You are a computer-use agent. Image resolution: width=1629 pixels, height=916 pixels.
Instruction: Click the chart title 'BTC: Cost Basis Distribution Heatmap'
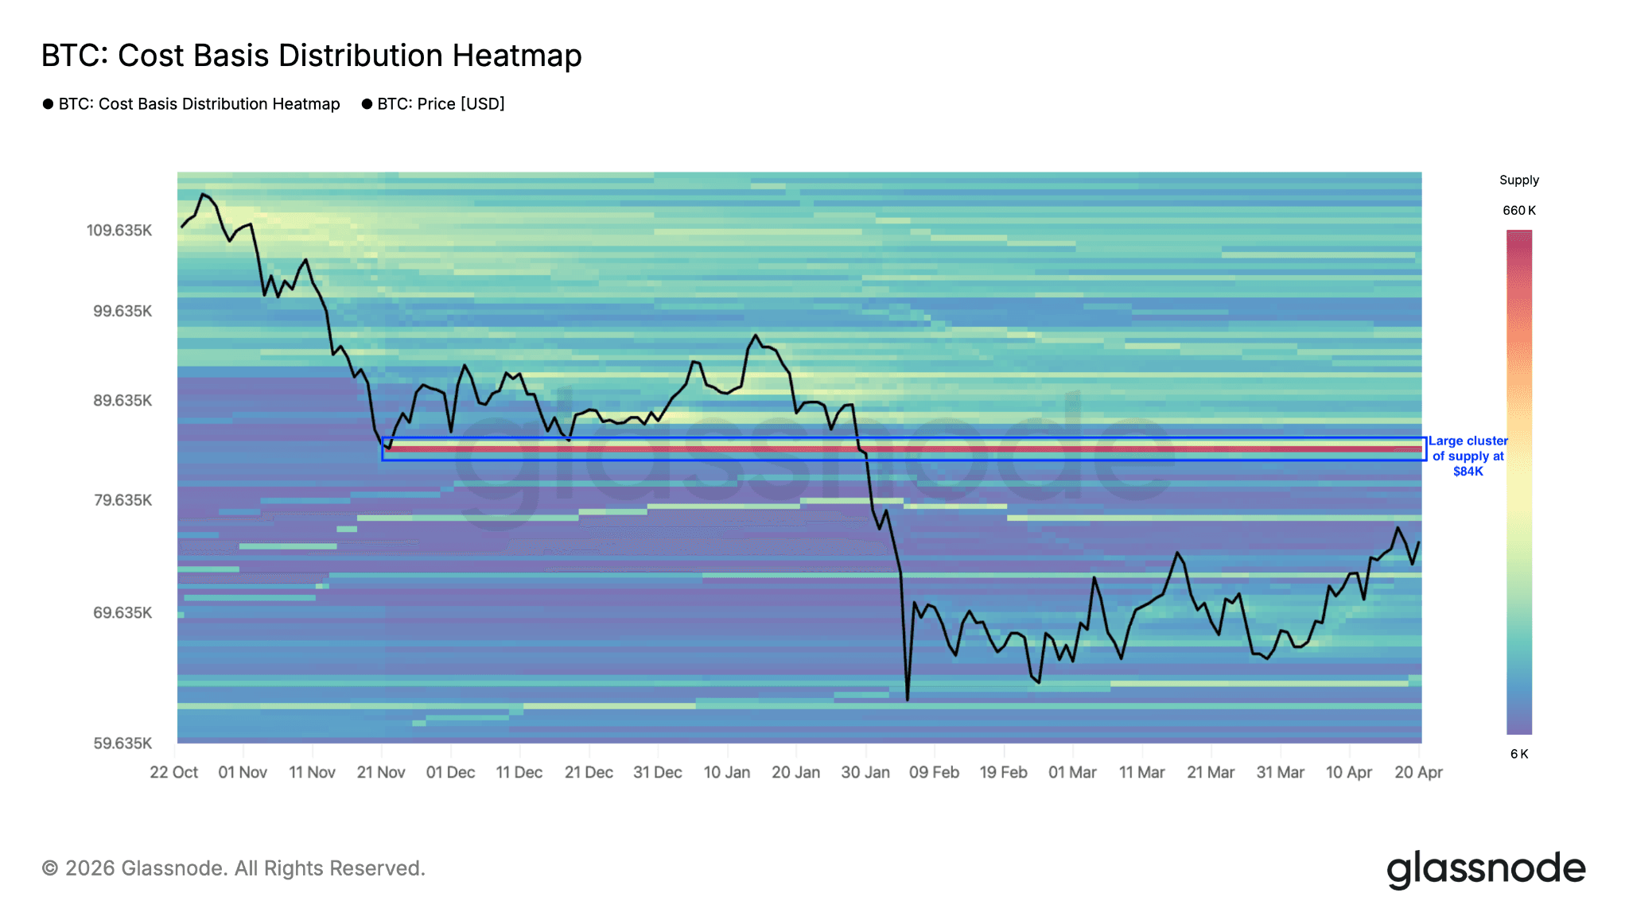click(311, 56)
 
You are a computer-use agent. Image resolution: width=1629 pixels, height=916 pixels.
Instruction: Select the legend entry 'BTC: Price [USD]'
click(441, 104)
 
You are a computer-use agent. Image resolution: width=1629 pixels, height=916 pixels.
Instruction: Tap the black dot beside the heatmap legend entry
click(48, 104)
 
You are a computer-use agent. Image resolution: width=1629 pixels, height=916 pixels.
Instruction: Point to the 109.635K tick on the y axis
click(119, 231)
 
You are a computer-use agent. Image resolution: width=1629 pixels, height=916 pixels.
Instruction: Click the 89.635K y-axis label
click(122, 400)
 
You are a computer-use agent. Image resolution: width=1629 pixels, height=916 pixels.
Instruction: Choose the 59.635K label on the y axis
click(122, 743)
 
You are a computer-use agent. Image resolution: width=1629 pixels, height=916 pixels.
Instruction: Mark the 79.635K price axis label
click(122, 500)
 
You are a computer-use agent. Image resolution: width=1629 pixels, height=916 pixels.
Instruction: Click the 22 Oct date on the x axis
click(174, 772)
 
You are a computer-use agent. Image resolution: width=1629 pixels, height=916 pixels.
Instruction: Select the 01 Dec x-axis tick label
click(450, 772)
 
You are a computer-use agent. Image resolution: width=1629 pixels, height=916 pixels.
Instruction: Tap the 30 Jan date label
click(865, 772)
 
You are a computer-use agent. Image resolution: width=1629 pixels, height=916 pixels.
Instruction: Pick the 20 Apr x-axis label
click(1418, 772)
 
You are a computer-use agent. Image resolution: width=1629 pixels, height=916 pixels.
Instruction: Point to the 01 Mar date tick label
click(1072, 772)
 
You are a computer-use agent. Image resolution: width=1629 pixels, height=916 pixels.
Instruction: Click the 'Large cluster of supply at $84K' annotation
click(1468, 456)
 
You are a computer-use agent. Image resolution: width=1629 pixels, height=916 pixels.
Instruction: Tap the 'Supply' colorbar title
click(1518, 180)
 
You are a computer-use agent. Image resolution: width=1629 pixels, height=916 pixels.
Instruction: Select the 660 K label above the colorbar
click(1518, 211)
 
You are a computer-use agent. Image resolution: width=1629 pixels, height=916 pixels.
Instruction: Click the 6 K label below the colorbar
click(1518, 754)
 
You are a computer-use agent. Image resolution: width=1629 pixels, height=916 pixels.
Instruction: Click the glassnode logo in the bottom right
click(1486, 869)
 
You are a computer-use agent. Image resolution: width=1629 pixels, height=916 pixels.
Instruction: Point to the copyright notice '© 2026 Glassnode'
click(233, 868)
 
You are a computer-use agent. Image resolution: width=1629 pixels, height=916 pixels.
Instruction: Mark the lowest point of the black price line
click(908, 700)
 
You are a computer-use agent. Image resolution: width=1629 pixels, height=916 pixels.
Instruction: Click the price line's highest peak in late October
click(204, 193)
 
